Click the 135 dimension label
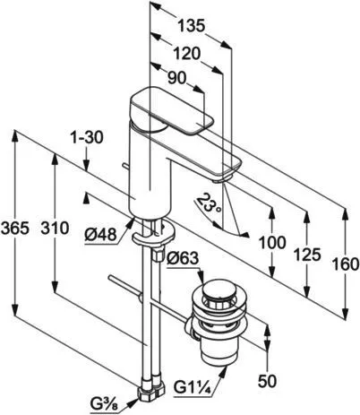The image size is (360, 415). click(x=192, y=26)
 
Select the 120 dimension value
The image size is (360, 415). click(x=186, y=54)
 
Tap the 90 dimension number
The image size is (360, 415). click(x=176, y=79)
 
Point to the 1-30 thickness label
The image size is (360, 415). click(x=86, y=138)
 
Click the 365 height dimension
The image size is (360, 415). click(x=15, y=229)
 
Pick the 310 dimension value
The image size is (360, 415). click(x=55, y=229)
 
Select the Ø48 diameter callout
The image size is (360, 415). click(x=100, y=236)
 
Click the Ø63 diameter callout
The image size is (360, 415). click(x=183, y=258)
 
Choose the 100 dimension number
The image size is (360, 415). click(x=272, y=243)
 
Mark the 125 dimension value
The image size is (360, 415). click(x=307, y=255)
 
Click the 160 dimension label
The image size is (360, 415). click(x=346, y=264)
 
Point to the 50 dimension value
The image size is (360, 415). click(x=268, y=381)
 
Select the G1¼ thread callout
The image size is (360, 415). click(x=193, y=388)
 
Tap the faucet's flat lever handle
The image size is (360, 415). click(x=173, y=109)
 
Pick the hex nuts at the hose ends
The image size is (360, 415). click(x=151, y=388)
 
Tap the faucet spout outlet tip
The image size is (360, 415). click(x=219, y=180)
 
